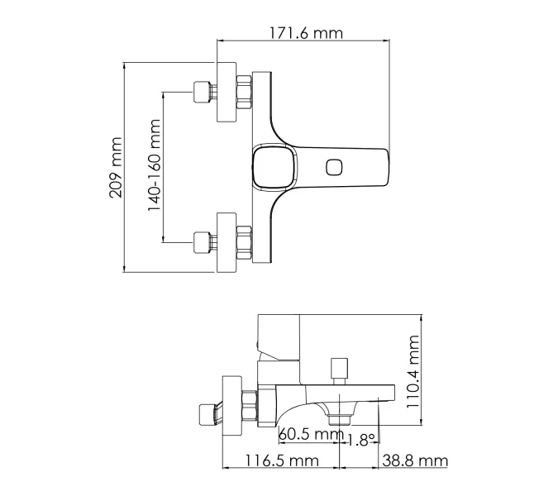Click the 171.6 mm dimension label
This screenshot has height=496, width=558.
tap(305, 34)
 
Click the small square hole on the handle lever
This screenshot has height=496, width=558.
tap(335, 167)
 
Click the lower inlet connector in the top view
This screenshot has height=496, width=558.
tap(201, 241)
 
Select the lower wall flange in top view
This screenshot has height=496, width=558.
tap(227, 241)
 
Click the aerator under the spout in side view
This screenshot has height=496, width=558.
tap(339, 419)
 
